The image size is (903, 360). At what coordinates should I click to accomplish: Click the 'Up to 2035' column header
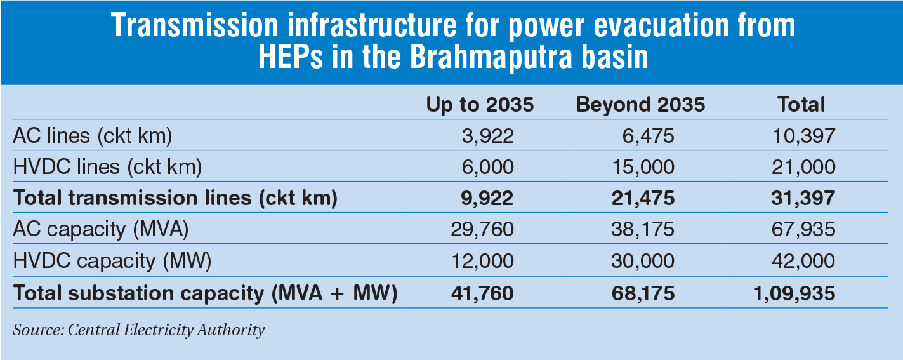coord(479,105)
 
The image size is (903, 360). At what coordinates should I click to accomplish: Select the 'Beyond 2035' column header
coord(640,105)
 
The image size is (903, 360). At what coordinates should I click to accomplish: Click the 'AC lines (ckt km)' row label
coord(93,135)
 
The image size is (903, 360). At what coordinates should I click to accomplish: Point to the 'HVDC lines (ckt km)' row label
coord(107,166)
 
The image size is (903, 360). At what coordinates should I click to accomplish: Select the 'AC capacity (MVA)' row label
coord(101,229)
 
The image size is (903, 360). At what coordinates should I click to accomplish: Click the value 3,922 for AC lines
coord(487,135)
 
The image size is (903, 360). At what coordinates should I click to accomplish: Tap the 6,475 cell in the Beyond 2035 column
coord(649,135)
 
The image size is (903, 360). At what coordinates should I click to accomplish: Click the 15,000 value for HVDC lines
coord(643,166)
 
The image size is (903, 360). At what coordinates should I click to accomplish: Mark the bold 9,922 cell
coord(487,198)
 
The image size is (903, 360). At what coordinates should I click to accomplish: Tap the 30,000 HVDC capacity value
coord(643,260)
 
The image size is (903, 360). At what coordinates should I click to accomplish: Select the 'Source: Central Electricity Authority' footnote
coord(138,330)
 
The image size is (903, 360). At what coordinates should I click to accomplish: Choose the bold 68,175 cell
coord(642,293)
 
